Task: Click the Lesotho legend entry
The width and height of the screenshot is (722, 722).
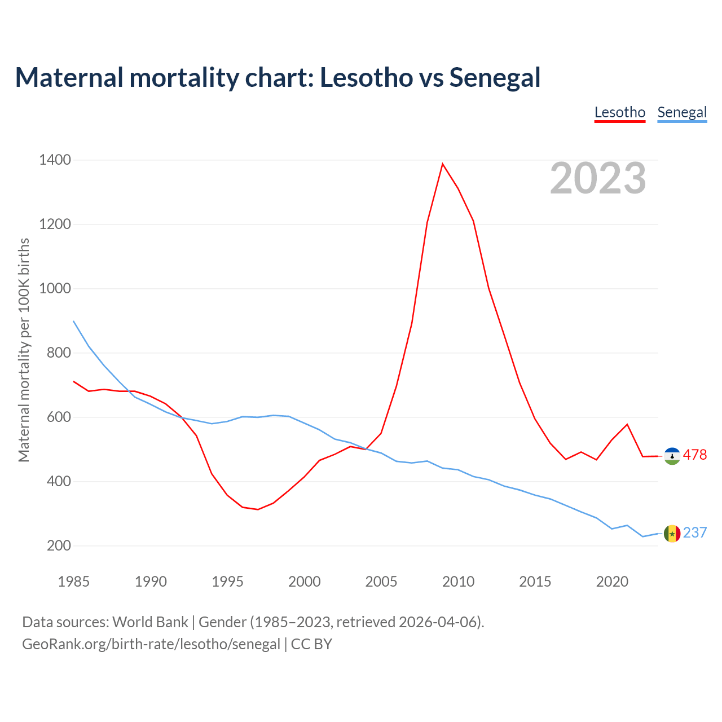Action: pos(619,112)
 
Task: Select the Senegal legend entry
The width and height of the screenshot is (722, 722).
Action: pos(682,112)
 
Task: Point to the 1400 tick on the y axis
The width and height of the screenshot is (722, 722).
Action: pos(55,160)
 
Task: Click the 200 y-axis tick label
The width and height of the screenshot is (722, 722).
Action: pos(59,546)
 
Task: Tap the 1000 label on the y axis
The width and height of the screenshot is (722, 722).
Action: pos(55,289)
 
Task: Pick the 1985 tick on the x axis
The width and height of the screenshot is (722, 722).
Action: pos(74,582)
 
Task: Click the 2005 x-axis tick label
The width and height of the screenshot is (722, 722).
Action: pos(381,582)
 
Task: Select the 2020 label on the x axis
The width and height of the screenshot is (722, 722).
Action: pos(612,582)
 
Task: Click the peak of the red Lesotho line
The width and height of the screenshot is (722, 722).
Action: pos(443,164)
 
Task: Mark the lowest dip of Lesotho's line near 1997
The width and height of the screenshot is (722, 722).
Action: pos(258,509)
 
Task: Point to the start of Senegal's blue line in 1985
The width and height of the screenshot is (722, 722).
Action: pos(74,322)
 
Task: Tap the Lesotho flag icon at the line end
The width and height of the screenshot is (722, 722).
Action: pos(672,456)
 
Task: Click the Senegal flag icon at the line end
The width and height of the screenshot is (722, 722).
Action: pos(672,533)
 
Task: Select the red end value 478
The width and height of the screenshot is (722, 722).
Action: pos(695,455)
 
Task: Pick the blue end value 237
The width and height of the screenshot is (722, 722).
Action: pos(695,533)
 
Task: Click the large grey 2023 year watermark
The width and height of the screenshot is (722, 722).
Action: pos(598,178)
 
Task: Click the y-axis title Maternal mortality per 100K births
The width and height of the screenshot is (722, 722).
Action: pos(24,350)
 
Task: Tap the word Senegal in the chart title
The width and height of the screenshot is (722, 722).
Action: pos(495,77)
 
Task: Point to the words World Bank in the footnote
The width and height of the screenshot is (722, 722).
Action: pos(150,622)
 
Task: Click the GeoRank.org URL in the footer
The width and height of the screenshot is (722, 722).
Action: pos(151,644)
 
